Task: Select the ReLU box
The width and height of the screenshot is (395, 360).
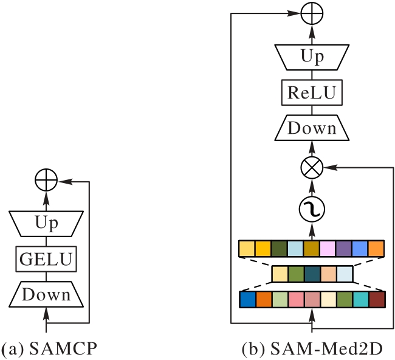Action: point(312,93)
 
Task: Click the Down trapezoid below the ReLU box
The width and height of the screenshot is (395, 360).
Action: point(312,128)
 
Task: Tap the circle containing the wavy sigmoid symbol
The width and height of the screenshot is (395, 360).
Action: point(312,209)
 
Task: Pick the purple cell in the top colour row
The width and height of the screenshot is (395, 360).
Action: point(344,249)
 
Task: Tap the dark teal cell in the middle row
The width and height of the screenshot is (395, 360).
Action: point(312,274)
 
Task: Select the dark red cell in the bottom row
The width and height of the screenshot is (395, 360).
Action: point(377,300)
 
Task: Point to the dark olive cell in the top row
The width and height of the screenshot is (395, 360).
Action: point(280,249)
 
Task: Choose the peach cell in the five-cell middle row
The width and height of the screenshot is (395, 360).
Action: point(328,274)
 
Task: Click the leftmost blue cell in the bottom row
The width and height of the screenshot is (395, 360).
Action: point(248,300)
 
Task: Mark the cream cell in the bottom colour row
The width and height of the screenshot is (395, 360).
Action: point(328,300)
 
